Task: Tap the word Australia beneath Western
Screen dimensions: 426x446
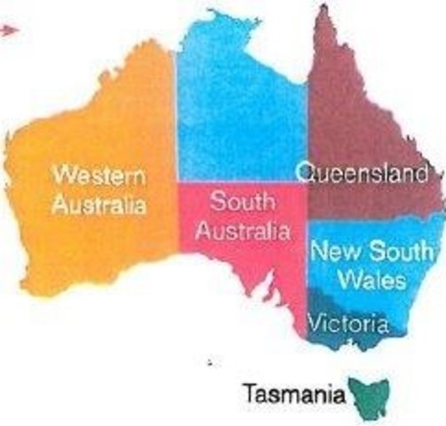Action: (98, 206)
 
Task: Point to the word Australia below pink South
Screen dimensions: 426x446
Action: (242, 233)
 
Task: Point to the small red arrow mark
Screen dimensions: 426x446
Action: (8, 29)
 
